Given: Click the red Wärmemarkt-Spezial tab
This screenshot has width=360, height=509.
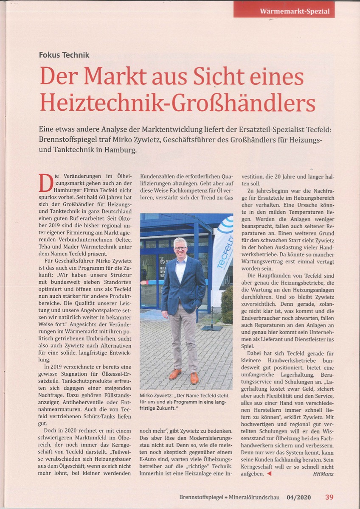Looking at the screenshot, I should pyautogui.click(x=284, y=10).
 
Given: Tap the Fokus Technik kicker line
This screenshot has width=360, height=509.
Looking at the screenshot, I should pyautogui.click(x=64, y=55).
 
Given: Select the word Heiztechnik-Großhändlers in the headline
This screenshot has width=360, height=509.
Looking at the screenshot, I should pyautogui.click(x=177, y=103).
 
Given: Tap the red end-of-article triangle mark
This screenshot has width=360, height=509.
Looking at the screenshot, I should pyautogui.click(x=268, y=473).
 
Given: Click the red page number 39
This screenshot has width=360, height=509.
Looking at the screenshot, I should pyautogui.click(x=329, y=497).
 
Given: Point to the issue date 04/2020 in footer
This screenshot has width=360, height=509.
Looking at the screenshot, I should pyautogui.click(x=298, y=497).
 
